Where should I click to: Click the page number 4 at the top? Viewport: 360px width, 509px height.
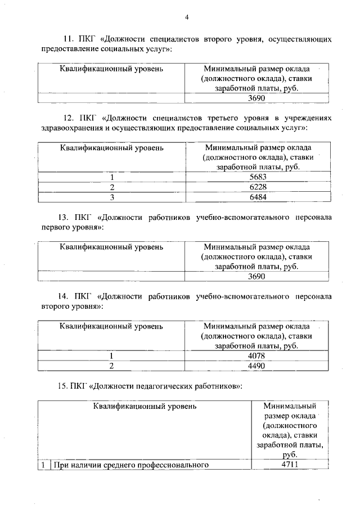pos(186,16)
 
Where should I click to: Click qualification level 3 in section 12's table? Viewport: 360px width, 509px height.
pos(112,197)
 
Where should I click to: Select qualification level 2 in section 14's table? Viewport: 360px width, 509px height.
pos(112,366)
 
